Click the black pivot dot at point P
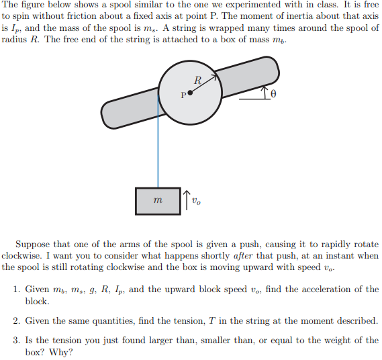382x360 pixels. (190, 93)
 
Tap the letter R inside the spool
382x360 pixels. (197, 81)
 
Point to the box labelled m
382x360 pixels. (158, 201)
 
